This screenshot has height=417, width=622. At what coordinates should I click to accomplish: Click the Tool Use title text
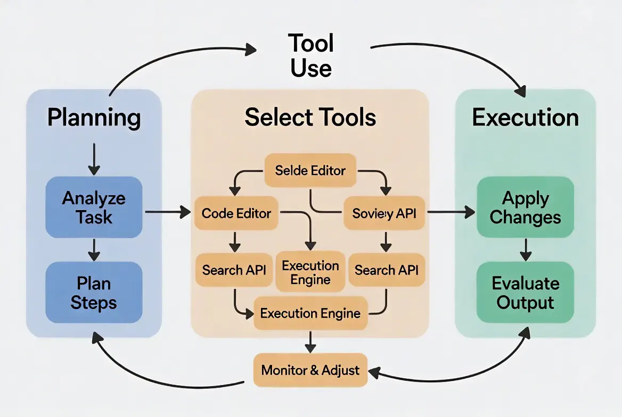311,56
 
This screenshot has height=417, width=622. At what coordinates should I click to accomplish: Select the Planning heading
94,118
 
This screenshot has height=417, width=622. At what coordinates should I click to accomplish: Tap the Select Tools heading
310,118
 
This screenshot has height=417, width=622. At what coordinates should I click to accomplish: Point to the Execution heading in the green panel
525,118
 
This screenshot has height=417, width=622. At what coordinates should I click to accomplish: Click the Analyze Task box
94,207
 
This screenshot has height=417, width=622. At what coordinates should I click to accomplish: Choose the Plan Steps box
94,292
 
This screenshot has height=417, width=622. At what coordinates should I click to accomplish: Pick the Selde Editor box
310,171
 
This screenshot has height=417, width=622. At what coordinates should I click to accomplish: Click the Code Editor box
236,213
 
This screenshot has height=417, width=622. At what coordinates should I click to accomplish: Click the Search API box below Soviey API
387,270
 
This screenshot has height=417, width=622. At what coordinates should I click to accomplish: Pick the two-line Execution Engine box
310,272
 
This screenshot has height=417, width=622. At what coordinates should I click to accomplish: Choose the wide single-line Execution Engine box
310,313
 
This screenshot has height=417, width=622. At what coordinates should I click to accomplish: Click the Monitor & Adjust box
310,370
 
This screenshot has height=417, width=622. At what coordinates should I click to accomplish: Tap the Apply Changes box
525,207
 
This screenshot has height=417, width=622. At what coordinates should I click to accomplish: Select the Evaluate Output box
525,293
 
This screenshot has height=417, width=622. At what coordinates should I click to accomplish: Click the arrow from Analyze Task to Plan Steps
94,249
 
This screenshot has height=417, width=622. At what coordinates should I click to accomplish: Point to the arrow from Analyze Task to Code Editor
167,212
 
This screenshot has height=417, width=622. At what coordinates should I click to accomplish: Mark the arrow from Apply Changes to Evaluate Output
526,249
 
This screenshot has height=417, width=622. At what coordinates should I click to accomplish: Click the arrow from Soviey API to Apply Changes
451,212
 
